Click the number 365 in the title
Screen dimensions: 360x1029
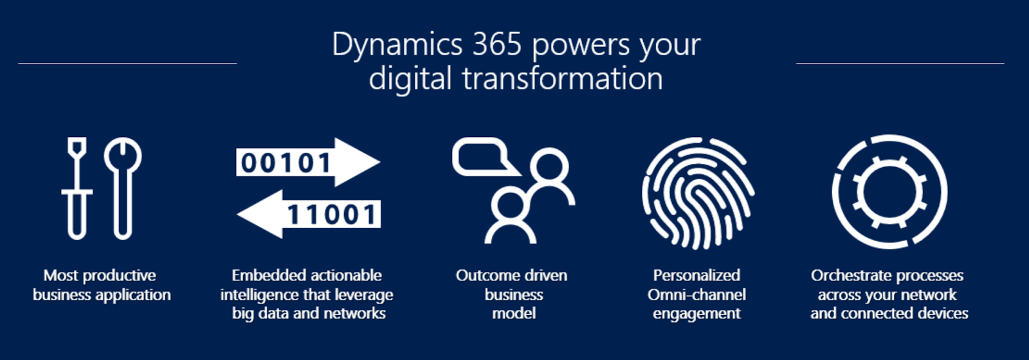pos(496,45)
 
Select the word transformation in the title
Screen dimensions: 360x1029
pos(561,79)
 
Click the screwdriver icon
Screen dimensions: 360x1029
pos(77,188)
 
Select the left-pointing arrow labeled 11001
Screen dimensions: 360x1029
pos(309,214)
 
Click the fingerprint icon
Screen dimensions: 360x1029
pos(698,193)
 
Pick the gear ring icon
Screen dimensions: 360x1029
pos(889,192)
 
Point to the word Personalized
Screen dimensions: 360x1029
pos(697,276)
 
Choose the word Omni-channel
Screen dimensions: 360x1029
pos(697,295)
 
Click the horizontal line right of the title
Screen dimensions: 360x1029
pos(900,64)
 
